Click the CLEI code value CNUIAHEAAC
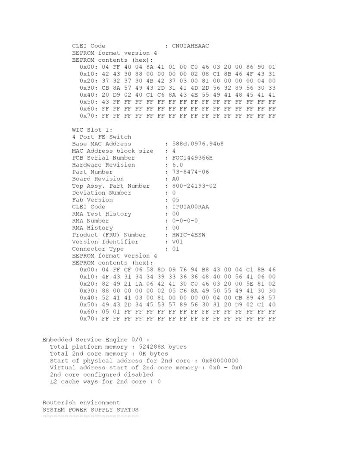190,46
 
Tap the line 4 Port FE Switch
102,137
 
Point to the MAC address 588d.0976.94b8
197,144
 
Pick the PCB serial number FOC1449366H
192,158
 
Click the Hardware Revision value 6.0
177,165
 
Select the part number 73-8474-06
190,172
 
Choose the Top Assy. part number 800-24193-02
194,186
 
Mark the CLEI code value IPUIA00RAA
190,207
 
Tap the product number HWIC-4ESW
188,235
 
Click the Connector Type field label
98,249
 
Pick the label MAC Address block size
113,151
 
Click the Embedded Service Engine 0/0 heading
96,340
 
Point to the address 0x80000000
220,361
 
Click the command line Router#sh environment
81,403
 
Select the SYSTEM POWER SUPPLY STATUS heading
91,409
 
